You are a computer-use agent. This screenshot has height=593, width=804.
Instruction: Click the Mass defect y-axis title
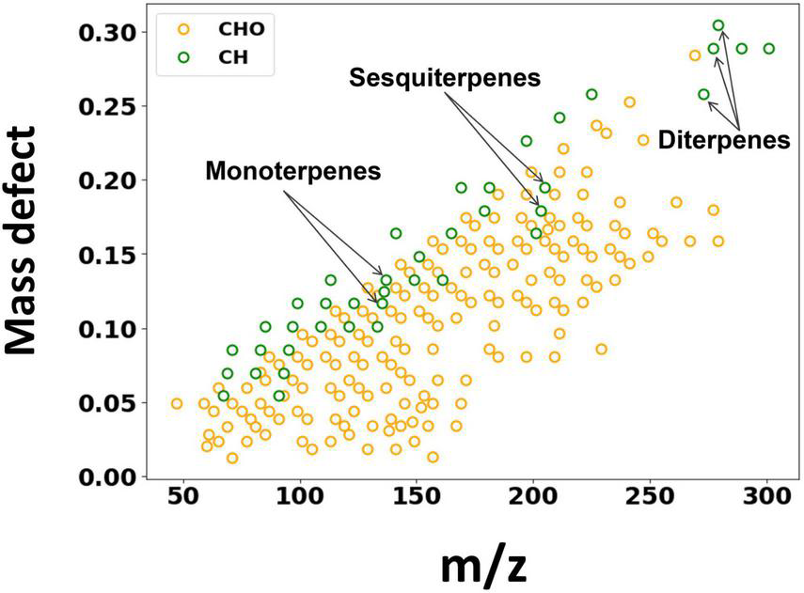(x=34, y=242)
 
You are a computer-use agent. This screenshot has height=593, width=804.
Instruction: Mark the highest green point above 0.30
(x=718, y=25)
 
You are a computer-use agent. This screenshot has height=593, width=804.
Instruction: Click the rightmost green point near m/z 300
(x=768, y=49)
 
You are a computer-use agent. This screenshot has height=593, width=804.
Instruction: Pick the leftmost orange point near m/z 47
(x=177, y=403)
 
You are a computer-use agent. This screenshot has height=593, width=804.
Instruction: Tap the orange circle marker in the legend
(x=184, y=28)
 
